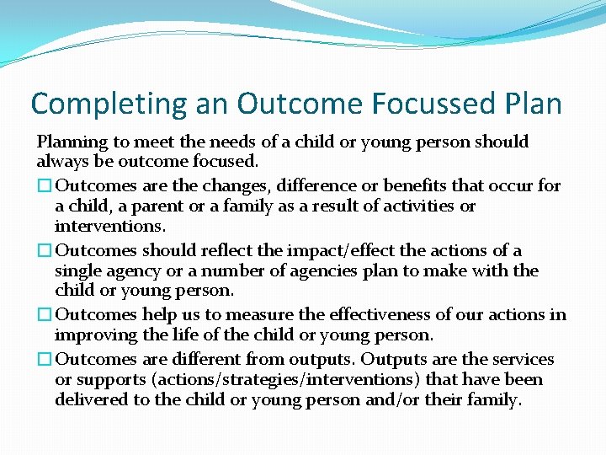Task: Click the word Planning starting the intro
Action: tap(72, 142)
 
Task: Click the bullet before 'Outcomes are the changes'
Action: tap(45, 185)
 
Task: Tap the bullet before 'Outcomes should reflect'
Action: tap(45, 250)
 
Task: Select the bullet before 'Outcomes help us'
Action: tap(45, 315)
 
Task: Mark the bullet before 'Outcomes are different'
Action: tap(45, 359)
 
